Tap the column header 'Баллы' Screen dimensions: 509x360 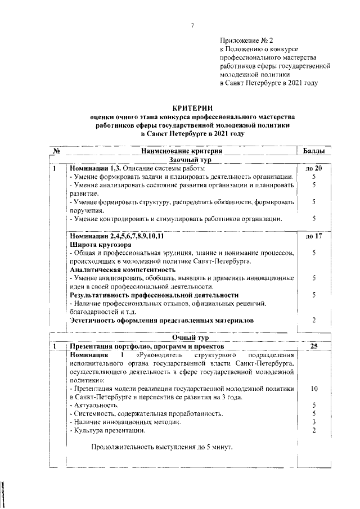click(313, 151)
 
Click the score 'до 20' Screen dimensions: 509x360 click(313, 168)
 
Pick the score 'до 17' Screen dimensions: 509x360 click(313, 236)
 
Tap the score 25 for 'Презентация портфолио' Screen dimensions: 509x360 click(313, 346)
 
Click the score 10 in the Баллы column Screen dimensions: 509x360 click(313, 389)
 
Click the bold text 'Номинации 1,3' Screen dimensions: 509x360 click(92, 168)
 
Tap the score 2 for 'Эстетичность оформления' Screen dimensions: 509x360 click(313, 320)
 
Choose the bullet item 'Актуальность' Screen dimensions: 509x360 click(93, 405)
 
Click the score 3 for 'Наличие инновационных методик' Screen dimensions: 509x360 click(313, 422)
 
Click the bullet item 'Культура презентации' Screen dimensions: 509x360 click(107, 430)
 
